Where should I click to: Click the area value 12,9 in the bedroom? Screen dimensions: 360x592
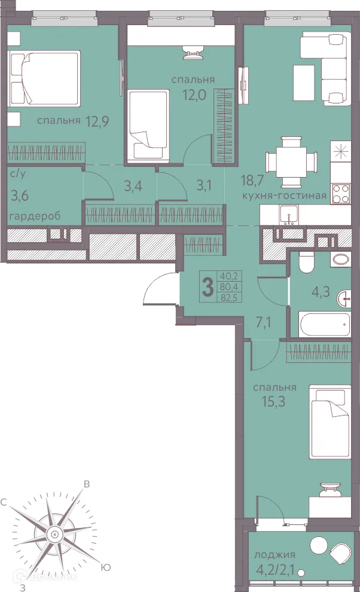click(97, 121)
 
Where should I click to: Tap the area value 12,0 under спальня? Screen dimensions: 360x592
click(194, 94)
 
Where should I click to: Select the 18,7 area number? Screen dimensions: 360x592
click(252, 181)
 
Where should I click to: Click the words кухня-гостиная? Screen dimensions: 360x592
click(284, 196)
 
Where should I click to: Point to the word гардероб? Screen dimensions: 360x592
click(35, 216)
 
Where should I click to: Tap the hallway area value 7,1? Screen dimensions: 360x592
click(264, 323)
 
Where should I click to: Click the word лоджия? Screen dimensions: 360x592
click(274, 555)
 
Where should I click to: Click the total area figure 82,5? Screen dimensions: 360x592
click(229, 297)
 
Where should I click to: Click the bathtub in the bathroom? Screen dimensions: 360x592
click(325, 324)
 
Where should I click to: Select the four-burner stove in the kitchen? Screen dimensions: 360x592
click(340, 193)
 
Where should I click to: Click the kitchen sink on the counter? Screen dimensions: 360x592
click(289, 216)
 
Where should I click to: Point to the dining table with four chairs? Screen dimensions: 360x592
click(291, 162)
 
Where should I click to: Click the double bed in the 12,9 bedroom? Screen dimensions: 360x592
click(45, 78)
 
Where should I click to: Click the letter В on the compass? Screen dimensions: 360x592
click(87, 484)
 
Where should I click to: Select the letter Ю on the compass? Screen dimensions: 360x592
click(106, 567)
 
